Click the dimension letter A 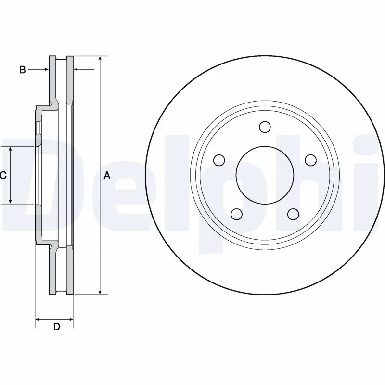click(x=107, y=176)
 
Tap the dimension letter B click(x=22, y=70)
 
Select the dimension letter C click(x=3, y=176)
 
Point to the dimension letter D click(x=56, y=327)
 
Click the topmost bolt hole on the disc click(x=264, y=127)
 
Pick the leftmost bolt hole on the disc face click(x=218, y=160)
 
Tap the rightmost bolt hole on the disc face click(x=310, y=160)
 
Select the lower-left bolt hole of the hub click(x=236, y=214)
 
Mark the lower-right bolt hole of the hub click(x=293, y=214)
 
